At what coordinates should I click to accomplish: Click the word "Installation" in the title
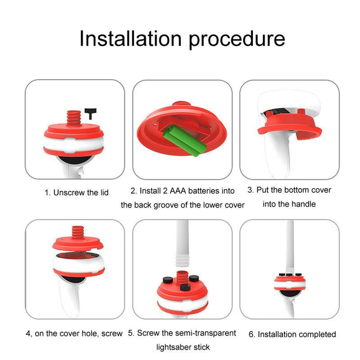click(131, 39)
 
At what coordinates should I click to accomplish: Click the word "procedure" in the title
click(237, 40)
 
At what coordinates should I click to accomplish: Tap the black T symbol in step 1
click(90, 114)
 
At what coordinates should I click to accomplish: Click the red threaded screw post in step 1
click(74, 118)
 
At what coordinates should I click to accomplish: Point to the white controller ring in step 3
click(289, 101)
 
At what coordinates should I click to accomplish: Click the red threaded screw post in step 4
click(78, 232)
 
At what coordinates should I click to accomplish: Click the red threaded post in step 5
click(183, 278)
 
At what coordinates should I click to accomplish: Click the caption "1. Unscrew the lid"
click(76, 193)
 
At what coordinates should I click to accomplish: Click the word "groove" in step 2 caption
click(166, 205)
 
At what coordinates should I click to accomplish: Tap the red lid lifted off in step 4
click(78, 243)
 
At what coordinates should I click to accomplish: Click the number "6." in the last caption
click(252, 334)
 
